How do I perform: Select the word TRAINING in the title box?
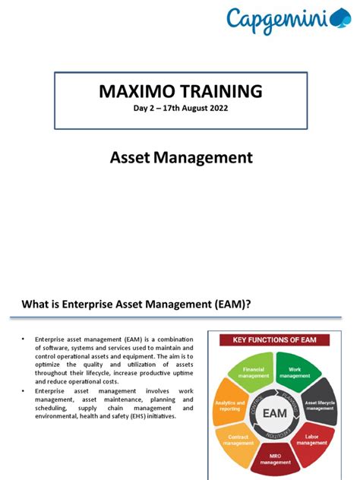coord(220,92)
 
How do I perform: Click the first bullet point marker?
coord(24,339)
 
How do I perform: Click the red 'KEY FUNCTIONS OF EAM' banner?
coord(279,339)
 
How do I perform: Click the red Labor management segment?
coord(315,440)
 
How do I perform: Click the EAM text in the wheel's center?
coord(276,414)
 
